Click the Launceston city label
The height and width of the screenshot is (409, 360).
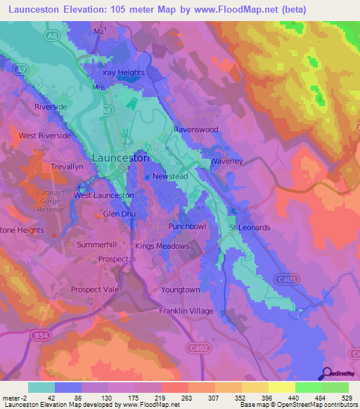pyautogui.click(x=121, y=158)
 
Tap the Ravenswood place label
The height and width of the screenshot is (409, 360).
pyautogui.click(x=196, y=130)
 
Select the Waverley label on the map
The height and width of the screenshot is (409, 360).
pyautogui.click(x=226, y=161)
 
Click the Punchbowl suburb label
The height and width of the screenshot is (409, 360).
pyautogui.click(x=187, y=226)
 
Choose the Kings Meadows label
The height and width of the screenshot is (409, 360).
pyautogui.click(x=162, y=246)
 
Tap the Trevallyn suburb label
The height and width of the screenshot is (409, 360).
pyautogui.click(x=67, y=167)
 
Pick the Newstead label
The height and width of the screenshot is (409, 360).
pyautogui.click(x=169, y=176)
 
